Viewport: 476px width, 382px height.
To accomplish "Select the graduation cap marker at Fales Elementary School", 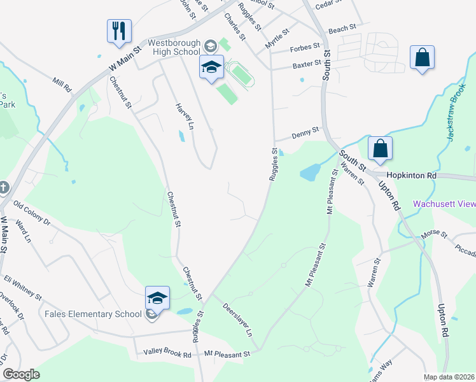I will pos(157,298).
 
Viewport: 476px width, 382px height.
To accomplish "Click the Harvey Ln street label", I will pos(184,117).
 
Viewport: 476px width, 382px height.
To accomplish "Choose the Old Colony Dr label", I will pos(32,213).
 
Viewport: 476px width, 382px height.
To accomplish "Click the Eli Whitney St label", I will pos(23,288).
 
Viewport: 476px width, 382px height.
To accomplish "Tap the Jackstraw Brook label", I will pos(458,115).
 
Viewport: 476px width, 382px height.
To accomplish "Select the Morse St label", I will pos(435,234).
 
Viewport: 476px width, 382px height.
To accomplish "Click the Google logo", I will pos(21,374).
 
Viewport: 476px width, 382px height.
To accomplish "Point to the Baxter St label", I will pos(305,65).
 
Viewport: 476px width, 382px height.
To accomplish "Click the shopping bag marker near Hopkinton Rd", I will pos(380,148).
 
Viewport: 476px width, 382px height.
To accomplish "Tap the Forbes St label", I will pos(306,47).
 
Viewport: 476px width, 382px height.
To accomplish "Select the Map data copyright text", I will pos(449,377).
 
